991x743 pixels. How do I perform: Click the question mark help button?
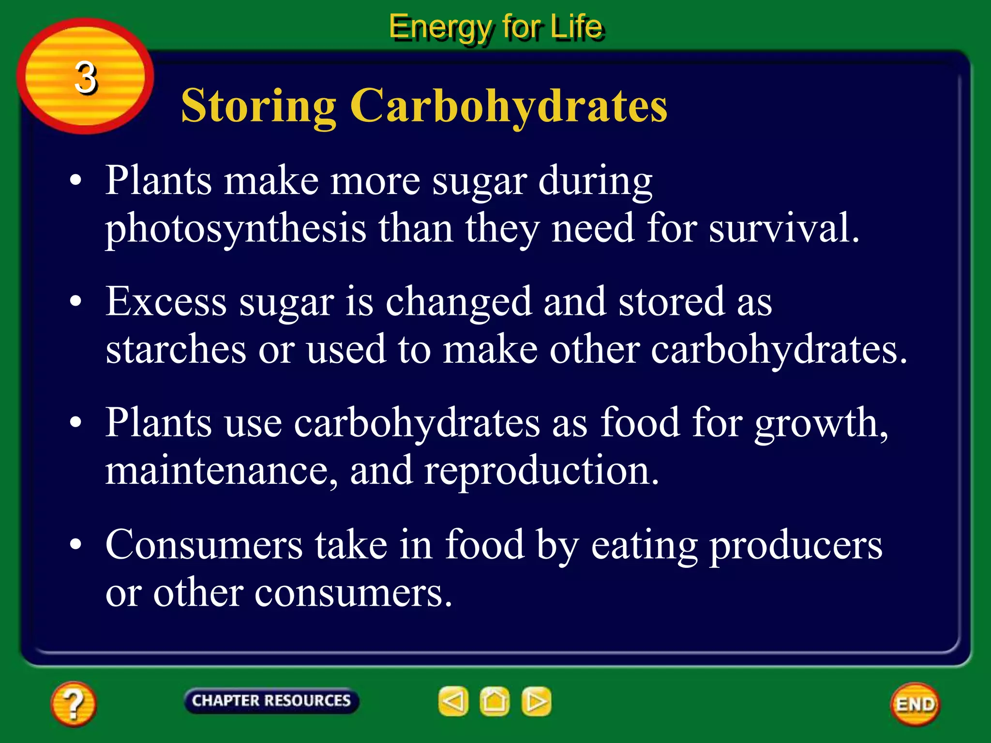pyautogui.click(x=73, y=704)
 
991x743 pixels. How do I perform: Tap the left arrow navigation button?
pyautogui.click(x=453, y=701)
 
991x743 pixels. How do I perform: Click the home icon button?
pyautogui.click(x=494, y=701)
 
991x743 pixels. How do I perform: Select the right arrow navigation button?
pyautogui.click(x=536, y=701)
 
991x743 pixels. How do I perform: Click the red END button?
pyautogui.click(x=915, y=704)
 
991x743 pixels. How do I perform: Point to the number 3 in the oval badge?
pyautogui.click(x=86, y=77)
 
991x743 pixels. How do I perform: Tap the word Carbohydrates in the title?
pyautogui.click(x=508, y=105)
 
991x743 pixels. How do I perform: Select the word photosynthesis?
pyautogui.click(x=236, y=229)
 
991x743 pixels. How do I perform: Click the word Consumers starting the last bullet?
pyautogui.click(x=204, y=545)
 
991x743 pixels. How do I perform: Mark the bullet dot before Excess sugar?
pyautogui.click(x=75, y=301)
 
